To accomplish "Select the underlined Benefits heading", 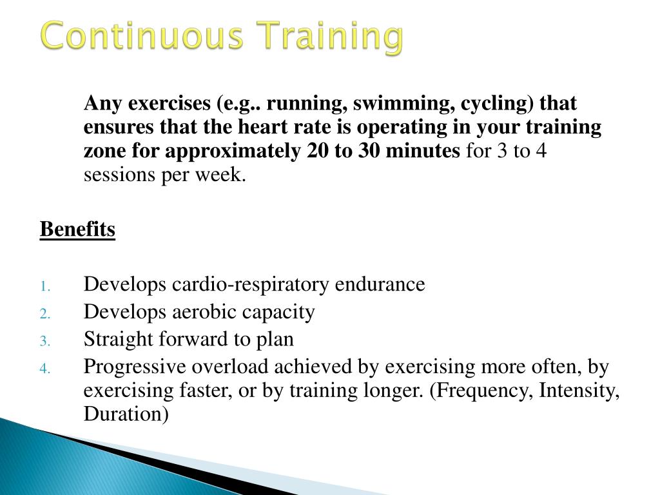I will coord(77,229).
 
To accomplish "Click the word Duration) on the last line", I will coord(126,414).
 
